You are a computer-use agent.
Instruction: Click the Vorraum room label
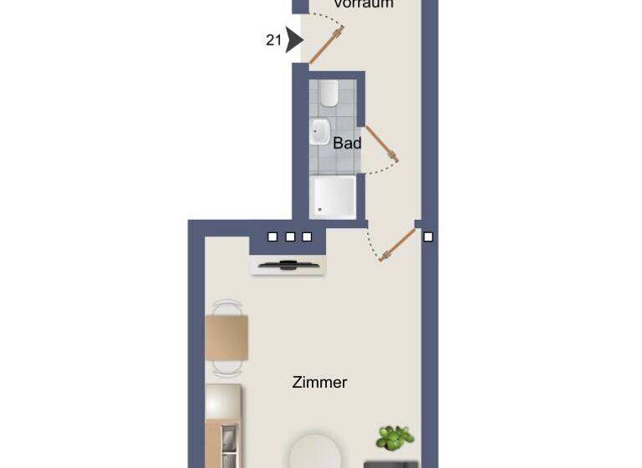click(x=363, y=4)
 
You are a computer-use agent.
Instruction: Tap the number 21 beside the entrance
click(x=273, y=39)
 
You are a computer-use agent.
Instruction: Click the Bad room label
click(x=347, y=143)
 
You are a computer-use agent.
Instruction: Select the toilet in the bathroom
click(x=328, y=92)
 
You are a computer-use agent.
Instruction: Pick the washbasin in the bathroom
click(x=320, y=131)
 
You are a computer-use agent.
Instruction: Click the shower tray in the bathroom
click(x=333, y=196)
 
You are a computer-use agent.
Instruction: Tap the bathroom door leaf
click(x=382, y=143)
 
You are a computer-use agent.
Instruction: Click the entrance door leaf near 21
click(x=327, y=45)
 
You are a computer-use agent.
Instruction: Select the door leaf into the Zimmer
click(x=398, y=245)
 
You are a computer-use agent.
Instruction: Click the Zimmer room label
click(x=319, y=382)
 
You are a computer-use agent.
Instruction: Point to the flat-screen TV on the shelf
click(x=288, y=266)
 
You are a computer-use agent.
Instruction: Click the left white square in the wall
click(x=273, y=237)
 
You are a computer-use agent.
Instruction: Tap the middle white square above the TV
click(x=290, y=237)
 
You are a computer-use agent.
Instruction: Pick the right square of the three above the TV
click(x=307, y=237)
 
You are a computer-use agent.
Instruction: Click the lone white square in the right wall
click(x=428, y=237)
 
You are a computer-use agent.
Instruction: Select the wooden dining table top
click(x=227, y=338)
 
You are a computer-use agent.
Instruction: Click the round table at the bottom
click(x=317, y=451)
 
